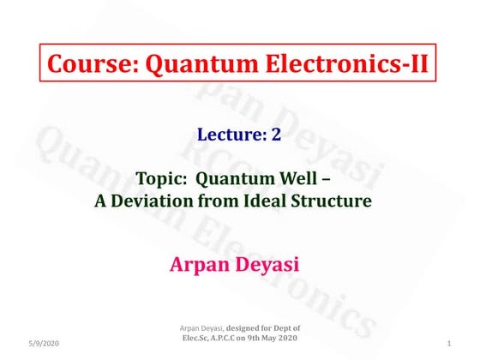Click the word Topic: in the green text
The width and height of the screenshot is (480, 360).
(x=162, y=181)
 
